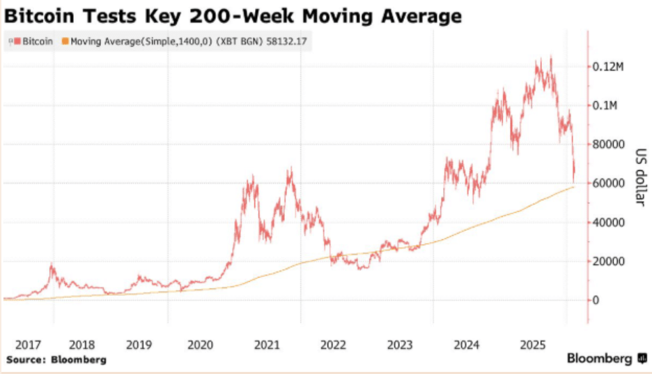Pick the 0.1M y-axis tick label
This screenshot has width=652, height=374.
coord(607,105)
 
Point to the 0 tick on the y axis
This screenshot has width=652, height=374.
coord(596,301)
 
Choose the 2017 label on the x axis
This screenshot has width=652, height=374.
coord(29,345)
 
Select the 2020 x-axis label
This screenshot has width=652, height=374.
coord(201,345)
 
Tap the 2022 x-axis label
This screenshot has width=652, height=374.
coord(334,345)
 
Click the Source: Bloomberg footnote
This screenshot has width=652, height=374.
coord(56,360)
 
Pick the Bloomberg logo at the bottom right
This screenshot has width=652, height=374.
coord(606,359)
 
